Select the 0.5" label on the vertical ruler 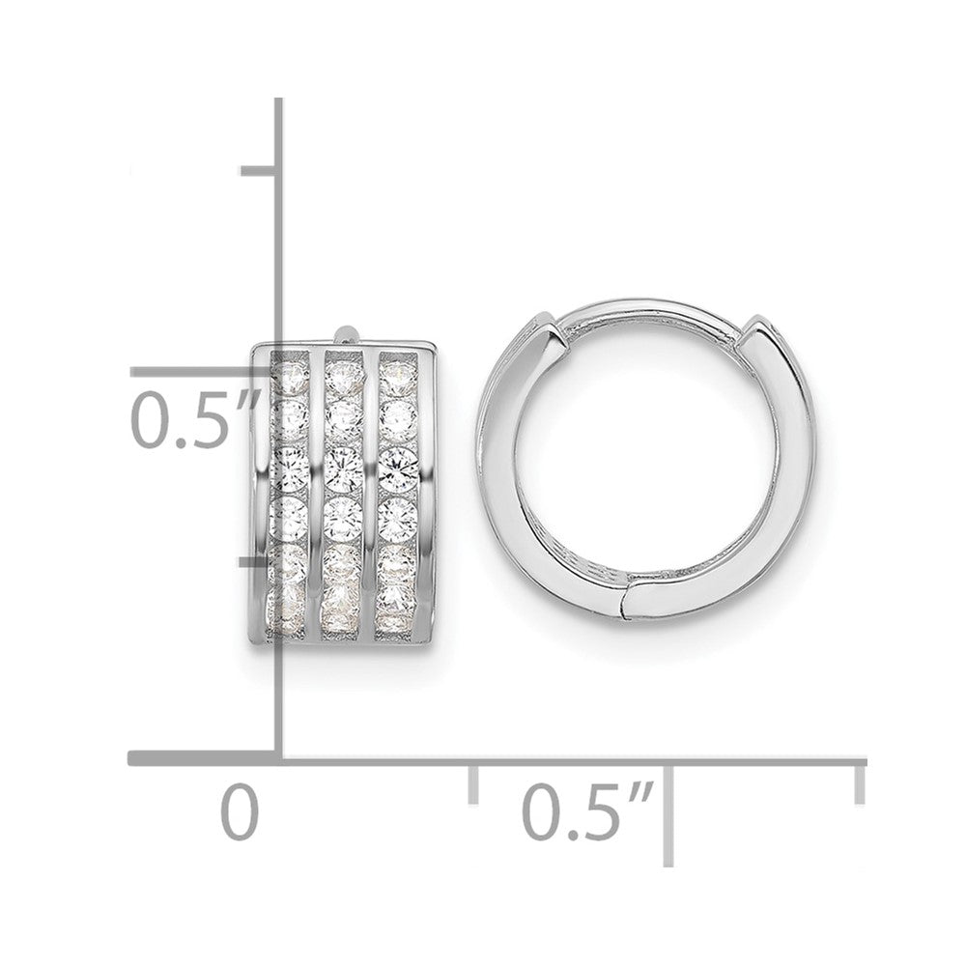point(184,417)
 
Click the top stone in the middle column point(341,372)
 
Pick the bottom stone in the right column point(397,618)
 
